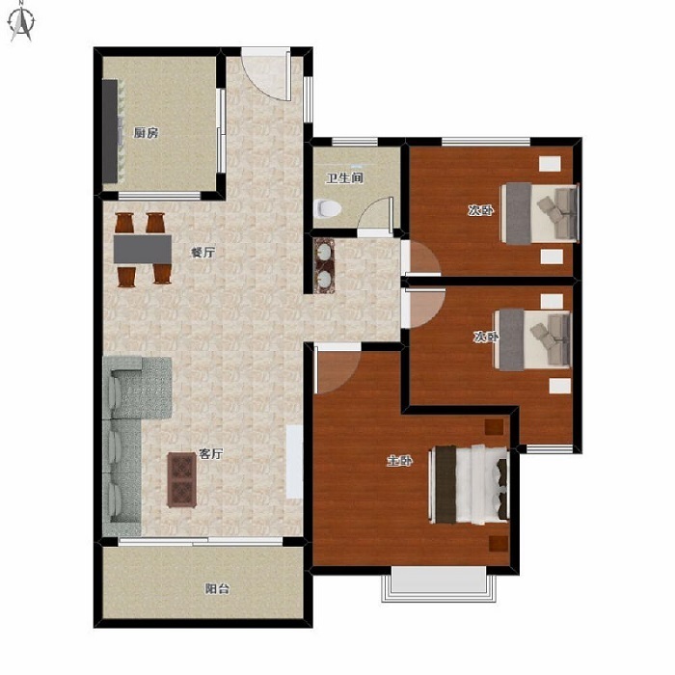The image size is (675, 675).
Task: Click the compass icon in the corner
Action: coord(21,25)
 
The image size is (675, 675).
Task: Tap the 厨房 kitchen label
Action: coord(146,133)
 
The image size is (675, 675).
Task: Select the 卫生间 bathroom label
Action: coord(344,177)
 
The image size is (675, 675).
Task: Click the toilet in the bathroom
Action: coord(328,209)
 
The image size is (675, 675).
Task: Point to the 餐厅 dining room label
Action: coord(202,253)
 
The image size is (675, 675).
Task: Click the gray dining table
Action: coord(143,249)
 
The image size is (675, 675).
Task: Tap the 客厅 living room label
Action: coord(211,453)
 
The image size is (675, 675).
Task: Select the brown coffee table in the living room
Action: coord(182,479)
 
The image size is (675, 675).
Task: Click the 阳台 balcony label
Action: coord(217,588)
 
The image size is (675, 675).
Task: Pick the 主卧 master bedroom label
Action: coord(400,461)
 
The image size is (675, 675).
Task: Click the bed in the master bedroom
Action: coord(470,485)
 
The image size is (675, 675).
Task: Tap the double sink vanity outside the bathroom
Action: coord(324,265)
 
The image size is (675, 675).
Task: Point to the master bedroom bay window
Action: coord(439,583)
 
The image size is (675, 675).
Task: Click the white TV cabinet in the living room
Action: coord(294,462)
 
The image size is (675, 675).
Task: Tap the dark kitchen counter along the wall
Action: coord(110,131)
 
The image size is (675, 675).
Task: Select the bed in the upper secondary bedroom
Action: coord(539,213)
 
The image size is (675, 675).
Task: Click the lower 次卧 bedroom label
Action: coord(486,337)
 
